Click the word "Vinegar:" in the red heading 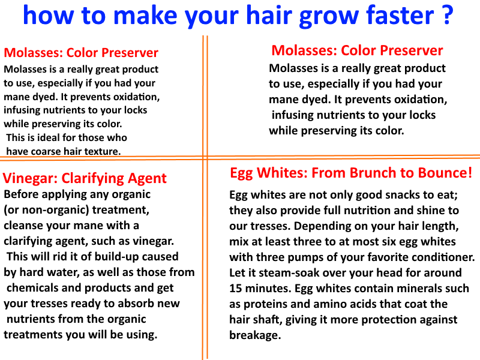(x=30, y=178)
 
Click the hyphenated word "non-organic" (x=51, y=210)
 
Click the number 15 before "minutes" (x=236, y=289)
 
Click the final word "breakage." (x=254, y=335)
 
